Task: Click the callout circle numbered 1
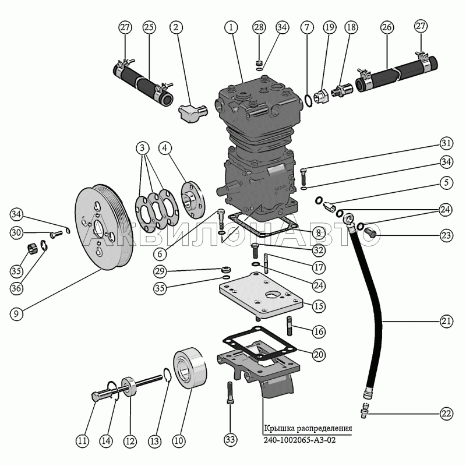pos(231,27)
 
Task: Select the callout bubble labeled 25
pos(149,27)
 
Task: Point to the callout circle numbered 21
pos(446,321)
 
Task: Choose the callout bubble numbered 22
pos(446,414)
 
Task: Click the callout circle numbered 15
pos(318,305)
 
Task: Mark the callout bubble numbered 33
pos(231,439)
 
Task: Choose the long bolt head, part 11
pos(97,398)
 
